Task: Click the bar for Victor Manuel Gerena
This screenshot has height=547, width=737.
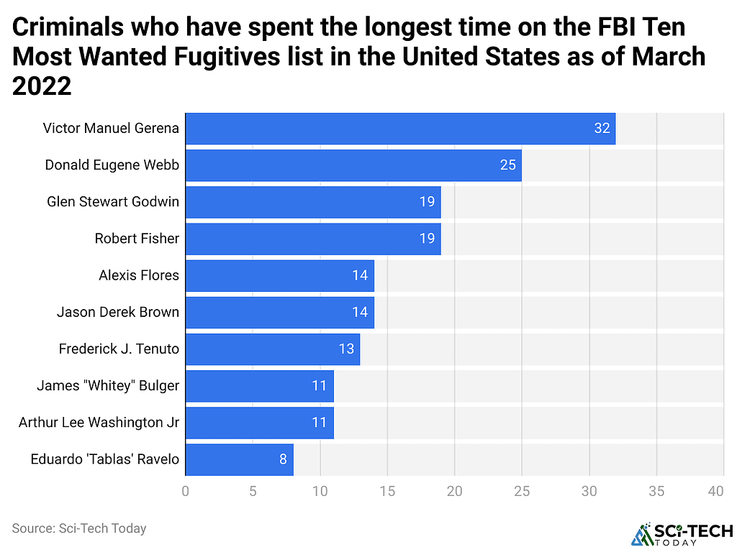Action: [x=400, y=129]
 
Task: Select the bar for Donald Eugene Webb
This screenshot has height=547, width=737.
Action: [x=353, y=165]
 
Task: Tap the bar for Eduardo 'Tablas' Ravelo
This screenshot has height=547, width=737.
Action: [x=239, y=459]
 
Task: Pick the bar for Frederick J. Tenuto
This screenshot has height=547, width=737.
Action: [x=272, y=349]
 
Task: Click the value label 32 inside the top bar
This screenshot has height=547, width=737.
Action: [x=602, y=129]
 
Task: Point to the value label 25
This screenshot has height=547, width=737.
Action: [x=508, y=165]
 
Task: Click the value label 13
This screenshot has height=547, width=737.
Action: [x=346, y=349]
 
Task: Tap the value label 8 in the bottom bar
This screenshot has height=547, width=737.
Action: [x=284, y=459]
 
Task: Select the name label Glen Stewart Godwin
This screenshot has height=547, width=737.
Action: [x=113, y=202]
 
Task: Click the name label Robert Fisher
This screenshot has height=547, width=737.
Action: [x=137, y=239]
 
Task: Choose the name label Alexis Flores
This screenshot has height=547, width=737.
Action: [x=139, y=275]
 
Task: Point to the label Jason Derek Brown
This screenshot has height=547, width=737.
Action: [x=118, y=312]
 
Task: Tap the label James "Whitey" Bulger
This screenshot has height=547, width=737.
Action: [x=108, y=386]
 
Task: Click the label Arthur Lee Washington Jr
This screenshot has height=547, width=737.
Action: [x=99, y=423]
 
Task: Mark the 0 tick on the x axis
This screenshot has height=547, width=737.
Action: [x=186, y=492]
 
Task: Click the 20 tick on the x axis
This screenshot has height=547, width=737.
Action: [x=455, y=492]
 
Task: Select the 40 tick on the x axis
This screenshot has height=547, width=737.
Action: [x=715, y=492]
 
